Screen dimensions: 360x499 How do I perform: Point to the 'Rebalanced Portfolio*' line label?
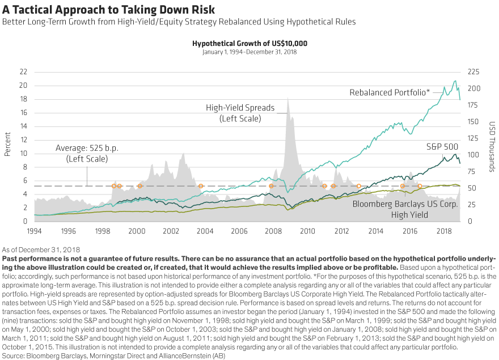pos(389,92)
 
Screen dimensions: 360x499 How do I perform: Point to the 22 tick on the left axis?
pos(23,72)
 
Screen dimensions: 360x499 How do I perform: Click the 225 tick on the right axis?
pos(472,72)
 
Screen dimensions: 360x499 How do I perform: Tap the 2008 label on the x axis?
pos(273,231)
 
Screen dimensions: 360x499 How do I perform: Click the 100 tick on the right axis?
pos(472,155)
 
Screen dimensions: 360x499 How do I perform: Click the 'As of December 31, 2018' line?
pos(41,249)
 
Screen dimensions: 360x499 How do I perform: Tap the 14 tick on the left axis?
pos(23,126)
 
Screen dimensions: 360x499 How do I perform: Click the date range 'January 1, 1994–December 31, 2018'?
pos(249,52)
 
